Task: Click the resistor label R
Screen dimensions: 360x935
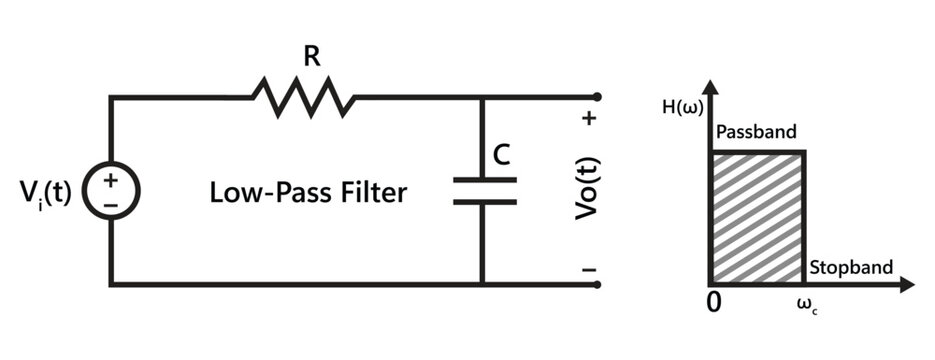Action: (x=312, y=57)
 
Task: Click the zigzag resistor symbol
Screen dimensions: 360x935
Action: (x=303, y=98)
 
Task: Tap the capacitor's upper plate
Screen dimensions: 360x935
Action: (x=484, y=180)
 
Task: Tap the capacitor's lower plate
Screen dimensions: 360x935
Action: (x=484, y=201)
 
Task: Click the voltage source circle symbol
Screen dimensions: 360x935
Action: (x=109, y=190)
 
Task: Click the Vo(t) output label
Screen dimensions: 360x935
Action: (x=587, y=190)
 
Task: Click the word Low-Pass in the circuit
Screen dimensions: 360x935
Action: (x=260, y=192)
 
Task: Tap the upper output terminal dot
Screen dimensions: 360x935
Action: (x=597, y=97)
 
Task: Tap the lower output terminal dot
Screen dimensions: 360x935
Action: (x=597, y=284)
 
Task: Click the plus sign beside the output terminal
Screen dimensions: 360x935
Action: (x=589, y=120)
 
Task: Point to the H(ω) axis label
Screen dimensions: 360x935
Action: (x=680, y=107)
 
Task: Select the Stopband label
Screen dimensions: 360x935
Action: (x=850, y=267)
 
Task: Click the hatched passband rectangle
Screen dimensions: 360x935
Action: (x=757, y=217)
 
